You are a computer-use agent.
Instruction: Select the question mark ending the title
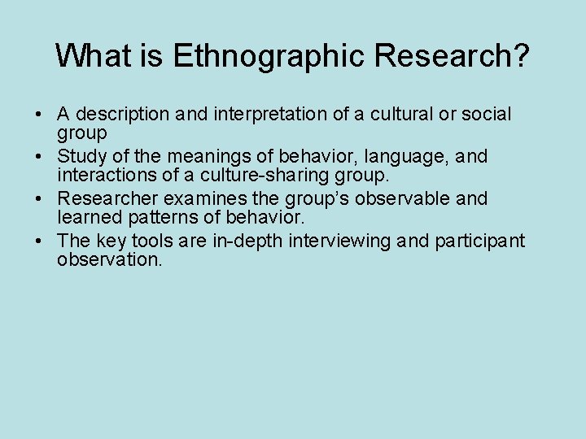pyautogui.click(x=520, y=55)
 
